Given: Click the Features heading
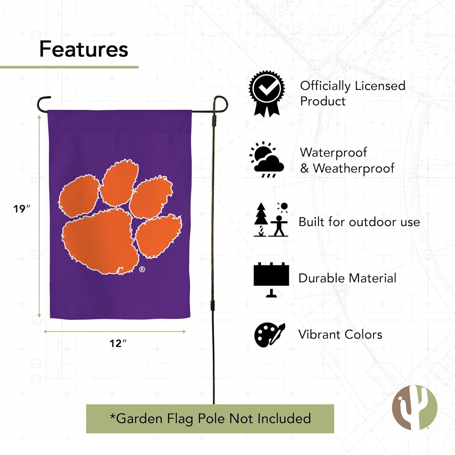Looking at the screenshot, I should click(84, 49).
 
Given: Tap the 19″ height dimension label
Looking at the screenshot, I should click(22, 209).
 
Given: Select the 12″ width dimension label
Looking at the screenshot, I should click(118, 343).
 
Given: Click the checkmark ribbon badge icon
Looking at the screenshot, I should click(267, 93).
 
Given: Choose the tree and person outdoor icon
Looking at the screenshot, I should click(271, 220).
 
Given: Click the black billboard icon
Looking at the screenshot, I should click(271, 279).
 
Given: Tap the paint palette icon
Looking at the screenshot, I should click(269, 335).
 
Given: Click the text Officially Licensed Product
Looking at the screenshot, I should click(352, 93).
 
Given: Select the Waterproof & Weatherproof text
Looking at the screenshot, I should click(347, 160).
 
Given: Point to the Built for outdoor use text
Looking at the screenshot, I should click(359, 222).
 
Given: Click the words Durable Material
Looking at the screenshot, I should click(347, 278).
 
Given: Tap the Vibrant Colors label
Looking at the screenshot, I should click(340, 335).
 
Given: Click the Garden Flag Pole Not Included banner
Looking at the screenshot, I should click(210, 419).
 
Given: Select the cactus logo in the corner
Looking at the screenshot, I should click(414, 407).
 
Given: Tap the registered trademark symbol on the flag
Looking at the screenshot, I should click(142, 269).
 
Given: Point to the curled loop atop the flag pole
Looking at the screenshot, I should click(221, 103).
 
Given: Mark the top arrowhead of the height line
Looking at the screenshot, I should click(39, 117).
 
